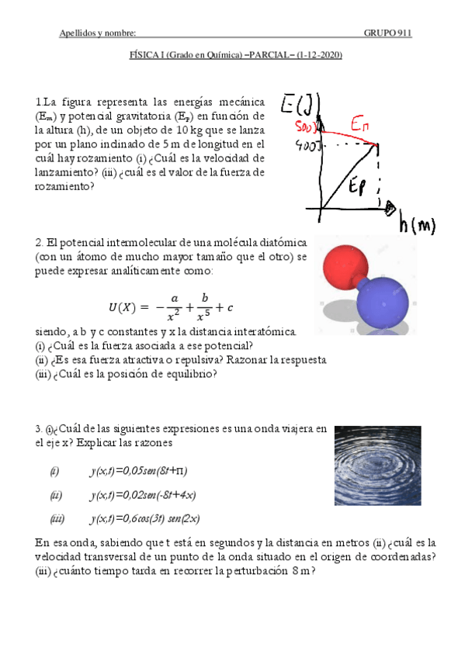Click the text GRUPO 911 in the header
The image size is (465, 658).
tap(387, 33)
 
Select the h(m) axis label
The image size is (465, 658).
tap(416, 226)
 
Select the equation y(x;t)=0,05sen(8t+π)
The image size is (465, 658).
tap(139, 471)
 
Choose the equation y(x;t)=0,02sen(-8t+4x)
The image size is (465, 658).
tap(142, 495)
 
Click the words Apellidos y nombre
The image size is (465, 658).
tap(98, 33)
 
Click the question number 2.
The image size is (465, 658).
tap(38, 241)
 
